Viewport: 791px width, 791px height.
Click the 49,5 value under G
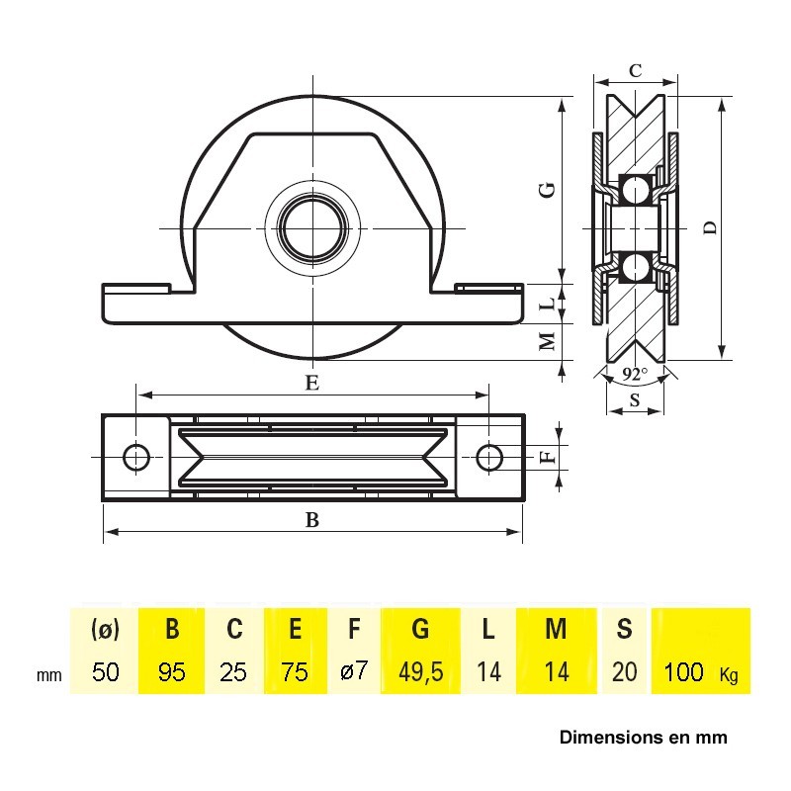click(x=421, y=672)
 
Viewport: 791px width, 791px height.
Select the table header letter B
click(x=172, y=629)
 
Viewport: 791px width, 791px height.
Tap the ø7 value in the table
click(x=354, y=671)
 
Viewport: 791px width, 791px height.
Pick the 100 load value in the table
click(x=683, y=672)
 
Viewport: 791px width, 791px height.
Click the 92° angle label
click(x=634, y=375)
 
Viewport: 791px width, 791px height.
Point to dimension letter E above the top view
click(x=312, y=383)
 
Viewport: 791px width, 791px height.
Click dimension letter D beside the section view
click(x=710, y=228)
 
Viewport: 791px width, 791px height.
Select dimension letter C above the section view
click(x=636, y=70)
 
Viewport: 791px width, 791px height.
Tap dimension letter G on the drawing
click(x=548, y=190)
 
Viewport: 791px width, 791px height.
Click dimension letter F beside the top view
click(x=548, y=457)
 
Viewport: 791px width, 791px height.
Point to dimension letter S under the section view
click(x=635, y=400)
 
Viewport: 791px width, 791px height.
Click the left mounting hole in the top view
click(x=136, y=458)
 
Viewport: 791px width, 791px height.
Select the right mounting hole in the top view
click(x=488, y=458)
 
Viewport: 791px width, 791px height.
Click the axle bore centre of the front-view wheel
click(x=312, y=228)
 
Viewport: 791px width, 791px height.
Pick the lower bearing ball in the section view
click(x=635, y=267)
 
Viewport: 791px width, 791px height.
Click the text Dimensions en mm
click(x=644, y=738)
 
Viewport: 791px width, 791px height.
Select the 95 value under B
click(x=171, y=672)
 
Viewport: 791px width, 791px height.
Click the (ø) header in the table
click(x=105, y=629)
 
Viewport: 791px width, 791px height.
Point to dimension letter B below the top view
click(x=312, y=520)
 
